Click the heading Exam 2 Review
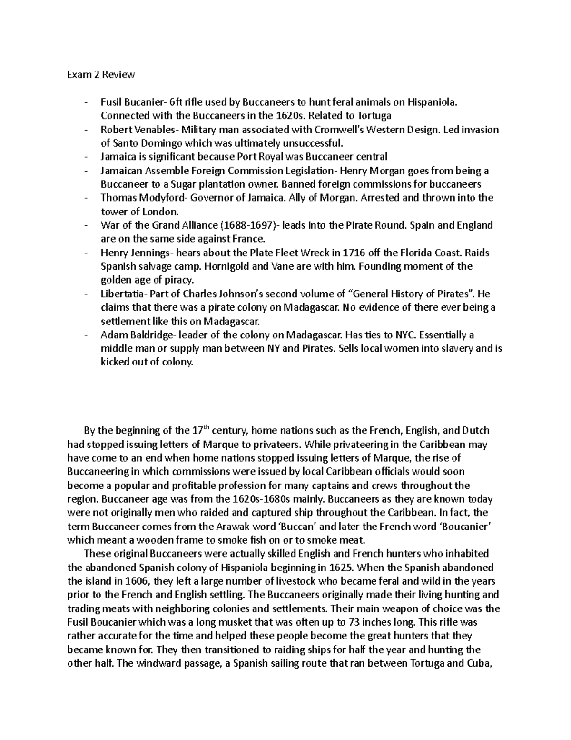click(100, 74)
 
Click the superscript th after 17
click(207, 427)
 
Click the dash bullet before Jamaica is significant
click(85, 156)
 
